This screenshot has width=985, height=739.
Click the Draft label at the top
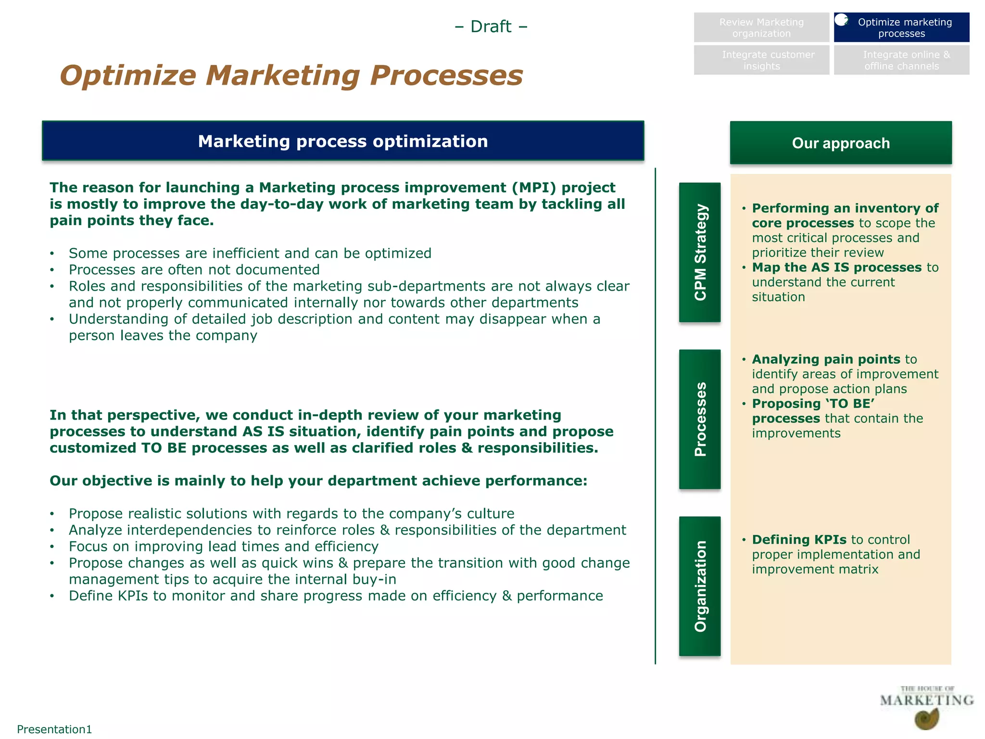[491, 26]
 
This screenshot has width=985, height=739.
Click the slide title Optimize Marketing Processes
[291, 76]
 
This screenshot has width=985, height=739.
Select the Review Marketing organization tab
[761, 28]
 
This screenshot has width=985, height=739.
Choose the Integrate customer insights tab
[761, 61]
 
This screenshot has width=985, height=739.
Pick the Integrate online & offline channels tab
[901, 61]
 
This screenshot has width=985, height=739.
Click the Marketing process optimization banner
[343, 141]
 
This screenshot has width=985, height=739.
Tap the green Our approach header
[840, 143]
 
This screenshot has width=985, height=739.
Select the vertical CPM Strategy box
[700, 252]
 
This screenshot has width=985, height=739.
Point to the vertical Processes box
[700, 419]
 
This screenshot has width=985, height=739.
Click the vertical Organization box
[700, 586]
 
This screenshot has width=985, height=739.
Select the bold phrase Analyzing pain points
[826, 359]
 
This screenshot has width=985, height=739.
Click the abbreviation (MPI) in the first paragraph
[534, 188]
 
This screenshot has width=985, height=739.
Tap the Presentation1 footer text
[54, 729]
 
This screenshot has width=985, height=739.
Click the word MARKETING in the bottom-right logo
[926, 700]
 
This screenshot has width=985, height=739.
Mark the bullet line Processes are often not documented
[194, 269]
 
